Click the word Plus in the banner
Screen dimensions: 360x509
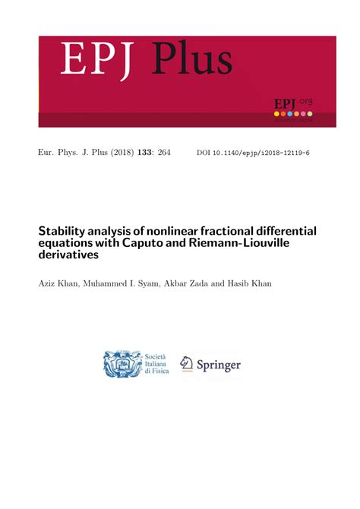pos(192,59)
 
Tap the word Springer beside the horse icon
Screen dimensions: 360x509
pos(219,365)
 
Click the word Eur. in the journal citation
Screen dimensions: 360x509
pos(47,153)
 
